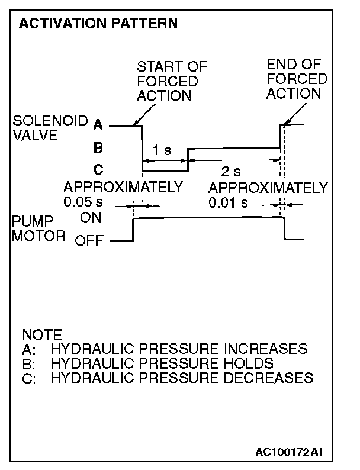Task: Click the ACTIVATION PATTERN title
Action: [98, 24]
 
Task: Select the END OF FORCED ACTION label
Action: [296, 79]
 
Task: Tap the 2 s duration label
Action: [231, 172]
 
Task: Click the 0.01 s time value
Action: [228, 202]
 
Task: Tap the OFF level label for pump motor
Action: [89, 240]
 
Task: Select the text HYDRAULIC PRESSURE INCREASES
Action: [179, 348]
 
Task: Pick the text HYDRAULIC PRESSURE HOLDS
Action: [162, 363]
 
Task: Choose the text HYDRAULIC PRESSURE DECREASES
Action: [181, 378]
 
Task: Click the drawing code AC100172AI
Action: [290, 453]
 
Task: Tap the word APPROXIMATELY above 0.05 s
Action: [123, 188]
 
